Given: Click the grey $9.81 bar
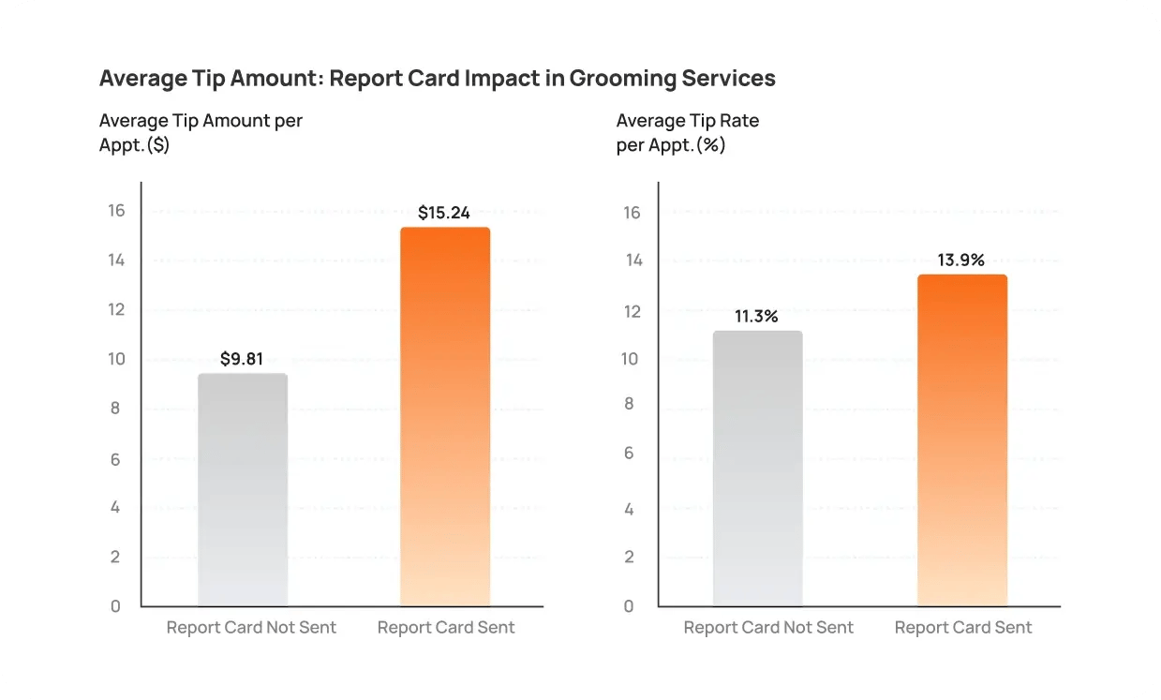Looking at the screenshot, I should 243,489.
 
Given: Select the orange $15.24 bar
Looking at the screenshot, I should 445,417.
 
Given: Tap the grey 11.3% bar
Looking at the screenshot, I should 757,469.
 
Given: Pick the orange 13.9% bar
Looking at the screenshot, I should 962,440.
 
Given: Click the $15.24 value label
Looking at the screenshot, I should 444,213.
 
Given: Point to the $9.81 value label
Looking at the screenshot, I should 242,359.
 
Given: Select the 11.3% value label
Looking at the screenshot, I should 756,316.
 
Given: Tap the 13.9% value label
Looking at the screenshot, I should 961,260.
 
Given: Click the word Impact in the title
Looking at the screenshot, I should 496,78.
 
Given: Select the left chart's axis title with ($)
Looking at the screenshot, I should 201,133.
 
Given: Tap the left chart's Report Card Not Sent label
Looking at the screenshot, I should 251,628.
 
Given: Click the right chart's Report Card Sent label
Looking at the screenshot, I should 963,628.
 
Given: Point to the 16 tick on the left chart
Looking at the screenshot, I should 116,210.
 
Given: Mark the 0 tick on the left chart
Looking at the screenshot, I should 116,606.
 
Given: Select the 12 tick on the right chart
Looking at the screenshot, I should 633,311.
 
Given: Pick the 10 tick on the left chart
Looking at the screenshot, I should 116,359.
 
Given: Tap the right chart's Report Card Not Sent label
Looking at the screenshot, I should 768,628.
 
